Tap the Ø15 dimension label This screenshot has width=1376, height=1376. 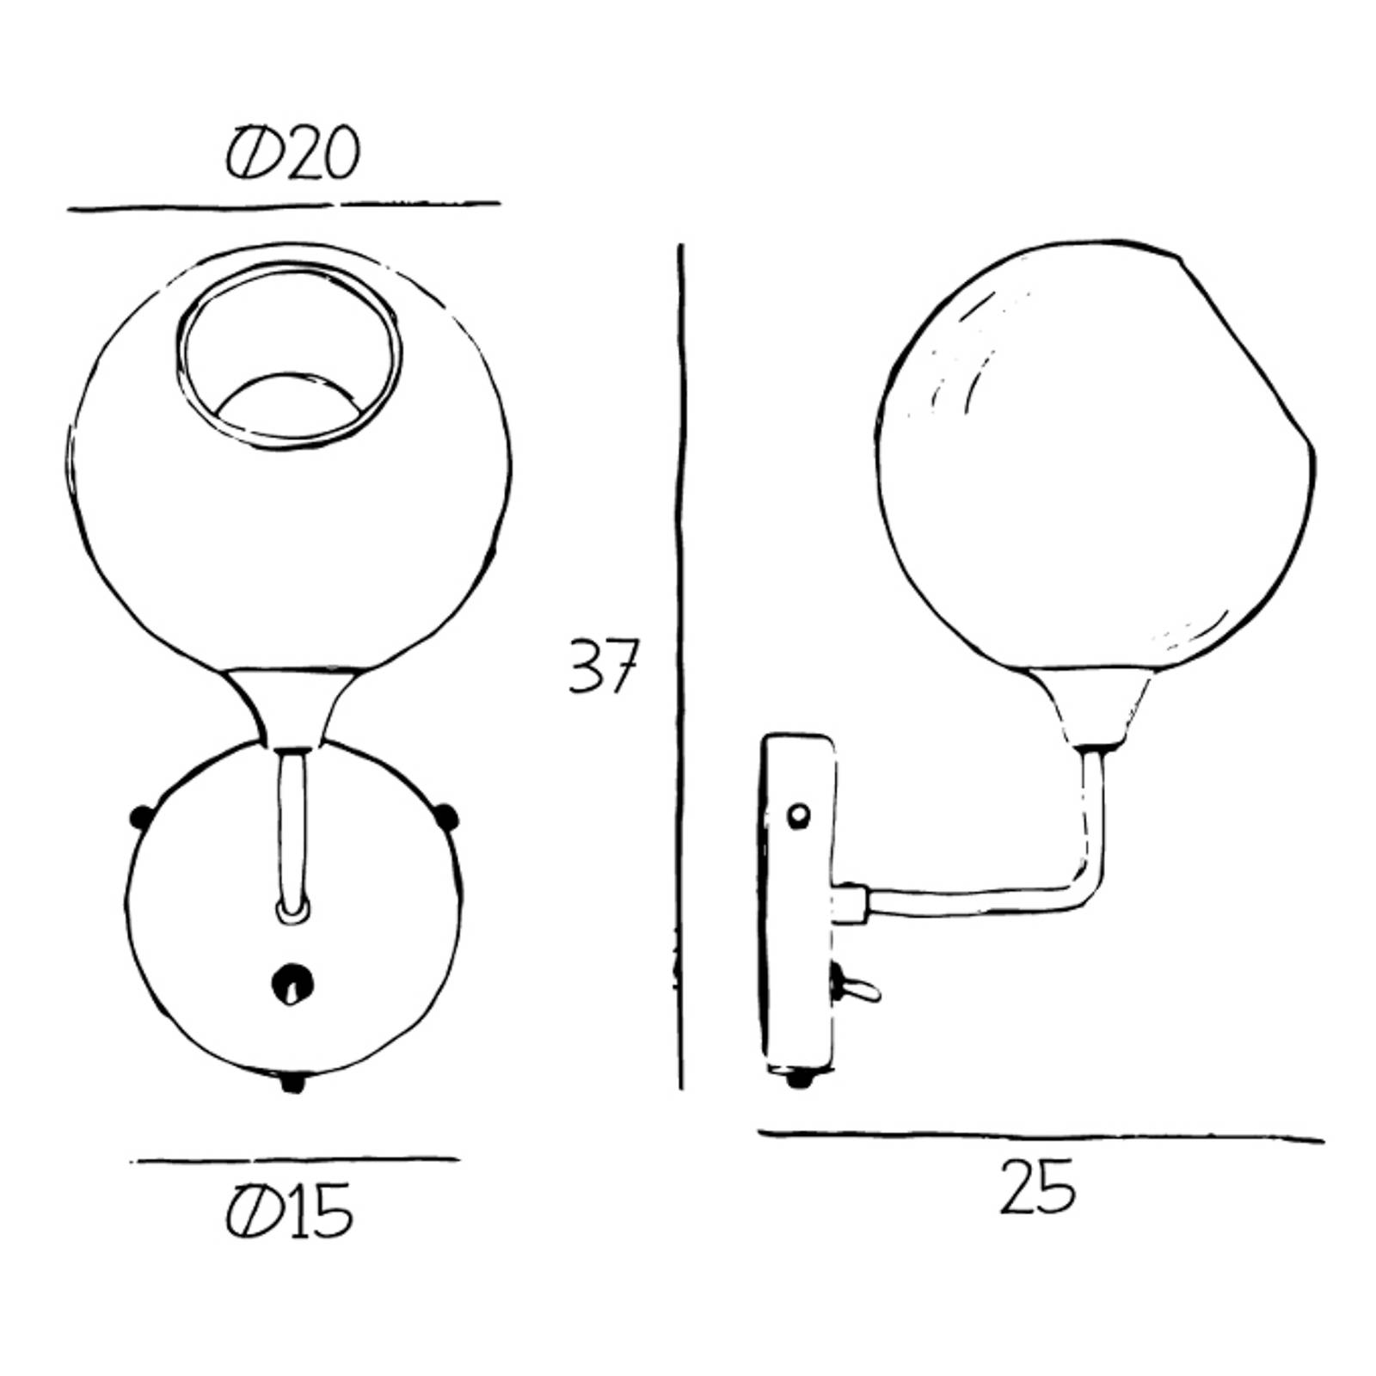click(x=290, y=1211)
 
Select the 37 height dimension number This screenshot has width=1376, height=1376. click(x=603, y=666)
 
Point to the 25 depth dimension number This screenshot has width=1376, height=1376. click(x=1037, y=1186)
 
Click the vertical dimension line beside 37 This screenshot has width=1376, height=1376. click(x=681, y=666)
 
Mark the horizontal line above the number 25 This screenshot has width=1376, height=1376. click(x=1041, y=1137)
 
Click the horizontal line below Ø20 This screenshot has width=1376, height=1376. click(x=284, y=206)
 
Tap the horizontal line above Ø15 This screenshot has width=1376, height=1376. click(x=295, y=1159)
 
